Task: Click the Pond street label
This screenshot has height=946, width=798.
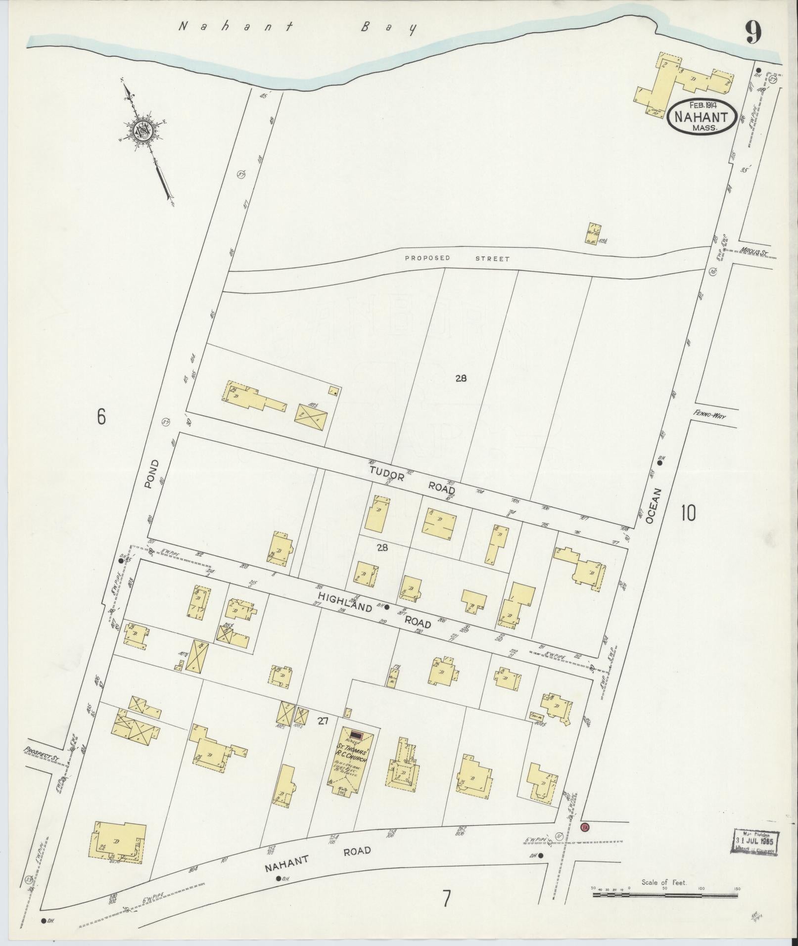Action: pyautogui.click(x=152, y=474)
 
